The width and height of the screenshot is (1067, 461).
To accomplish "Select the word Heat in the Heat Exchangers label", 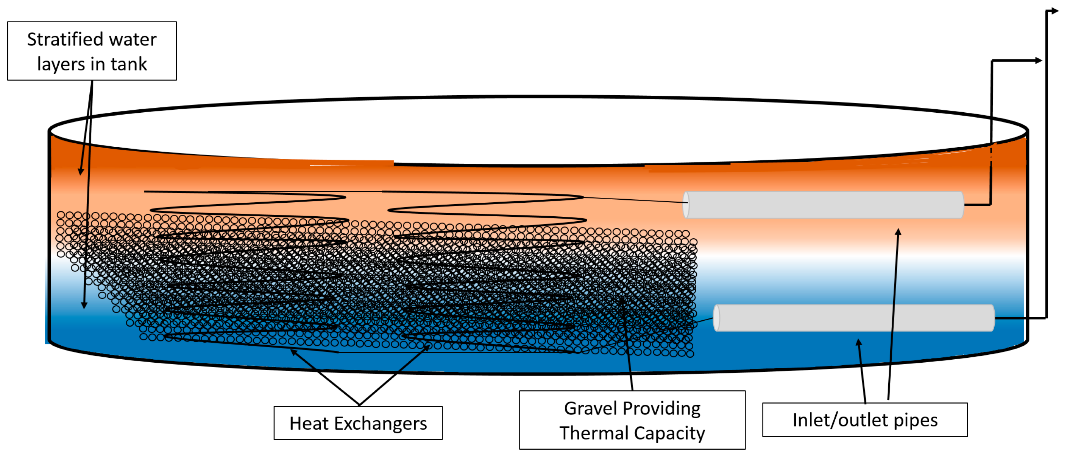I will (x=309, y=423).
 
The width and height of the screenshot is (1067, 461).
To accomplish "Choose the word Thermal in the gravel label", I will (x=594, y=433).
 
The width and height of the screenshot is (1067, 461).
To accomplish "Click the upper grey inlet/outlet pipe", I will (x=824, y=205).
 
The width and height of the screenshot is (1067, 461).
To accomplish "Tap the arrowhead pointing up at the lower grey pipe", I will (x=859, y=342).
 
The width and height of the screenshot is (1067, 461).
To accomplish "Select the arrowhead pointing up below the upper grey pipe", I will (x=898, y=232).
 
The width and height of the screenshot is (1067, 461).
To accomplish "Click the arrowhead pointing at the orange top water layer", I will (x=81, y=172).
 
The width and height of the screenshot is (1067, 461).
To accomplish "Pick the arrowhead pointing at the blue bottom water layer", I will (x=84, y=306).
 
